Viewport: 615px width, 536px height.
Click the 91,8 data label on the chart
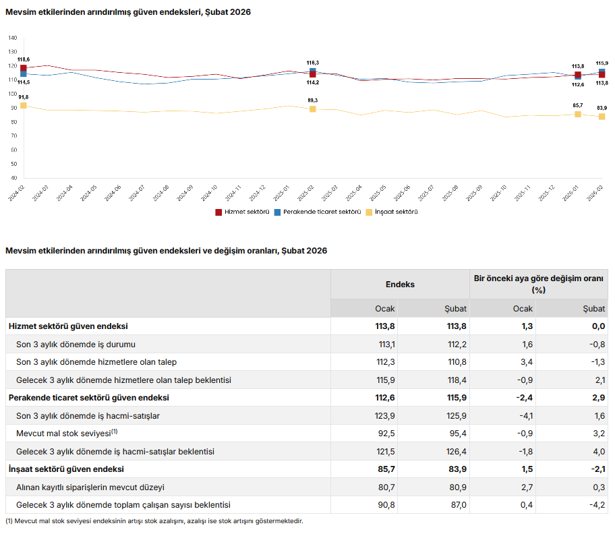point(24,98)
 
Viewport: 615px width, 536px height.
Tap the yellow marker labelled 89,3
point(313,109)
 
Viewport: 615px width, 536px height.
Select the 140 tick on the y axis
point(13,38)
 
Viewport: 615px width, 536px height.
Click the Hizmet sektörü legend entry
point(242,212)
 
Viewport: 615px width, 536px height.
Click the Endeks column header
point(400,285)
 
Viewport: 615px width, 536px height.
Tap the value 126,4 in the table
point(451,451)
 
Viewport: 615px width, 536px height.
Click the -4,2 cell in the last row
point(594,504)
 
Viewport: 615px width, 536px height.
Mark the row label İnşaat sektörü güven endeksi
point(66,469)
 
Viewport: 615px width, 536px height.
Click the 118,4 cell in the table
point(451,380)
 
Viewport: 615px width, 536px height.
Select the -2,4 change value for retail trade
point(522,398)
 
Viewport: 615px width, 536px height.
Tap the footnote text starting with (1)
point(154,521)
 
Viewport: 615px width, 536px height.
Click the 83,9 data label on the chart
point(602,108)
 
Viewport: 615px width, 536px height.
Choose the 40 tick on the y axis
point(13,178)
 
